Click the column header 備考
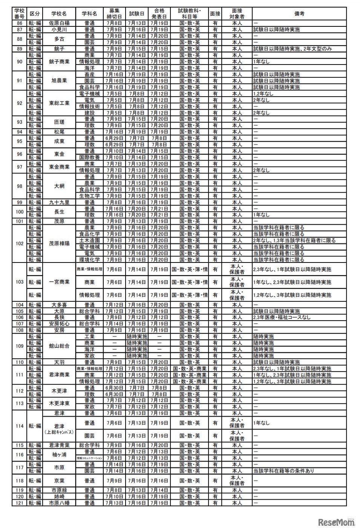(x=299, y=14)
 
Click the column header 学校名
(x=59, y=14)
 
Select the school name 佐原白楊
(x=59, y=23)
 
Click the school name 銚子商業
(x=59, y=61)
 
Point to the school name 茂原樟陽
(x=59, y=244)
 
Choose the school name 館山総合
(x=59, y=346)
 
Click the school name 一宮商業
(x=59, y=282)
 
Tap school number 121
(x=20, y=503)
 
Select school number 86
(x=20, y=23)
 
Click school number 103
(x=20, y=282)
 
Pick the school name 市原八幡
(x=59, y=503)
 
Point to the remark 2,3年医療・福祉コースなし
(x=282, y=318)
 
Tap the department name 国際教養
(x=89, y=157)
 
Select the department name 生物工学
(x=89, y=196)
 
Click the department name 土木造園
(x=89, y=241)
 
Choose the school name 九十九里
(x=59, y=202)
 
